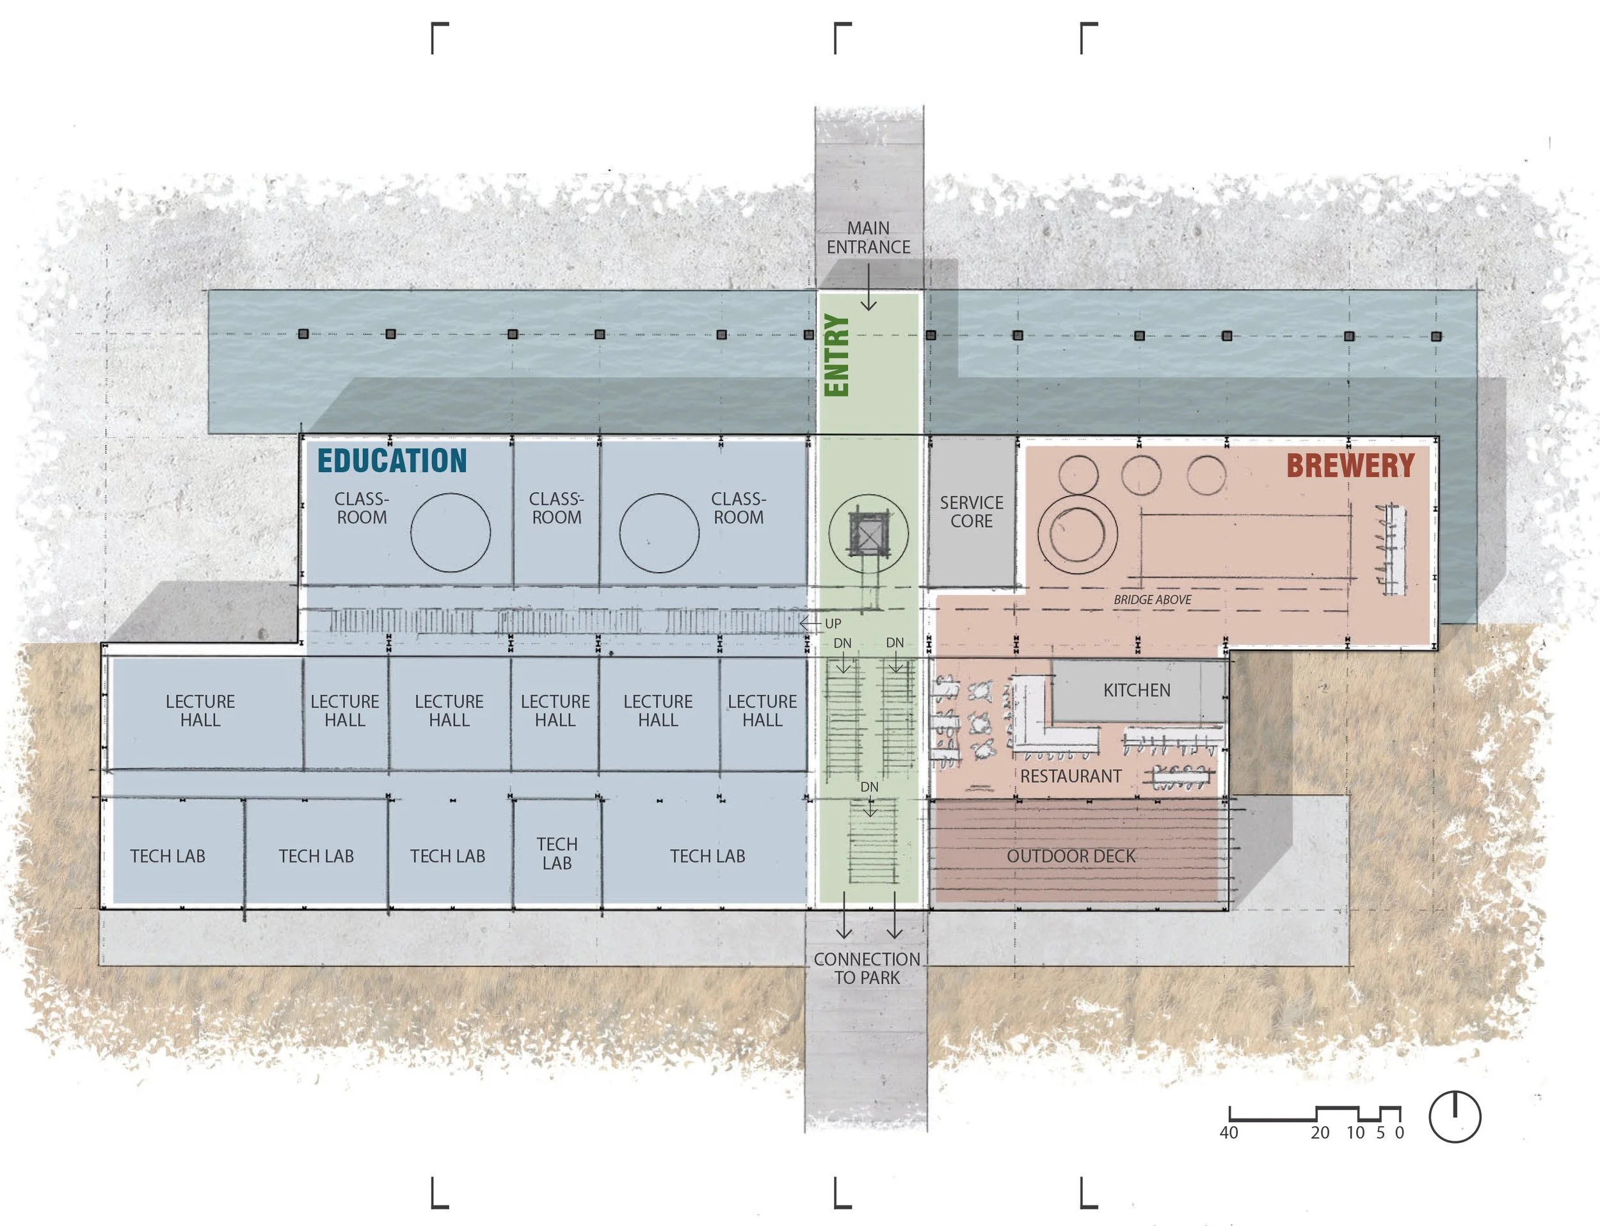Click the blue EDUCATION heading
[x=392, y=461]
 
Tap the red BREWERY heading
[x=1350, y=466]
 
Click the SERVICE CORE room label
[x=971, y=511]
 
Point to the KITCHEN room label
[x=1137, y=690]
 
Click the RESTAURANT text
[x=1070, y=776]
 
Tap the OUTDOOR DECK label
[x=1071, y=856]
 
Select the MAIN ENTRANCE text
[x=868, y=238]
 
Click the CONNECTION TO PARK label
[x=867, y=968]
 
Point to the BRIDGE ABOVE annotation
[x=1152, y=600]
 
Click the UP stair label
[x=833, y=624]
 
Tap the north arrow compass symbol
[x=1454, y=1117]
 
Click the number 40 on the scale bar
[x=1228, y=1133]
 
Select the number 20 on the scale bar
[x=1320, y=1133]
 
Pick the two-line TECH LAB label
[x=557, y=854]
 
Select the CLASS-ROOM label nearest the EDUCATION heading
[x=362, y=508]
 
